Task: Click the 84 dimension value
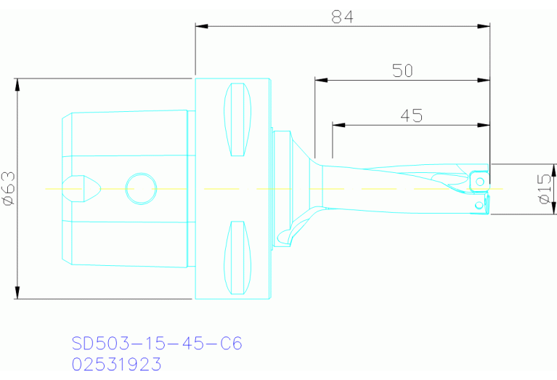(342, 17)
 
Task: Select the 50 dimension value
(402, 70)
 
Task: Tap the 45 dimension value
(411, 116)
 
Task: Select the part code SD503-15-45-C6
(156, 343)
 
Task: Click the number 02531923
(116, 363)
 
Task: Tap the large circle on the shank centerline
(141, 189)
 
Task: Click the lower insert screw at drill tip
(478, 206)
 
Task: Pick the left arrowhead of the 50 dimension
(320, 79)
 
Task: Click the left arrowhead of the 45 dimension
(338, 125)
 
